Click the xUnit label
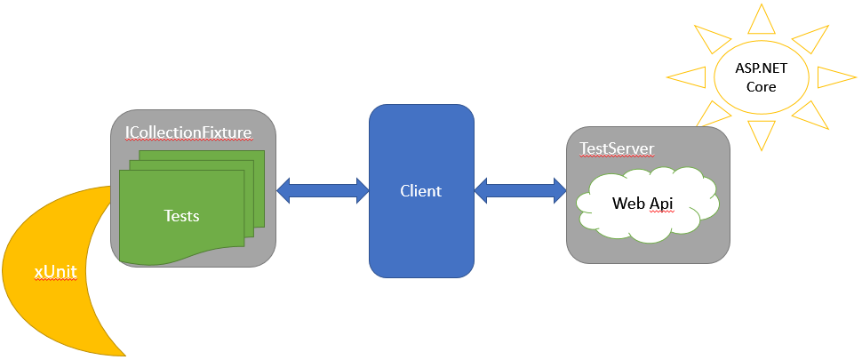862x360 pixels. [x=53, y=270]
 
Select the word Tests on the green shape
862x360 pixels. [x=182, y=215]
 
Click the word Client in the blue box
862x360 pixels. [x=420, y=190]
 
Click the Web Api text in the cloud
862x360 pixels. [x=643, y=204]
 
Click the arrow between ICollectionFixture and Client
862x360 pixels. [x=323, y=189]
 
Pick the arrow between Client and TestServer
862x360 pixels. [x=521, y=189]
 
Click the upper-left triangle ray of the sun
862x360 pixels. [x=710, y=38]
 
